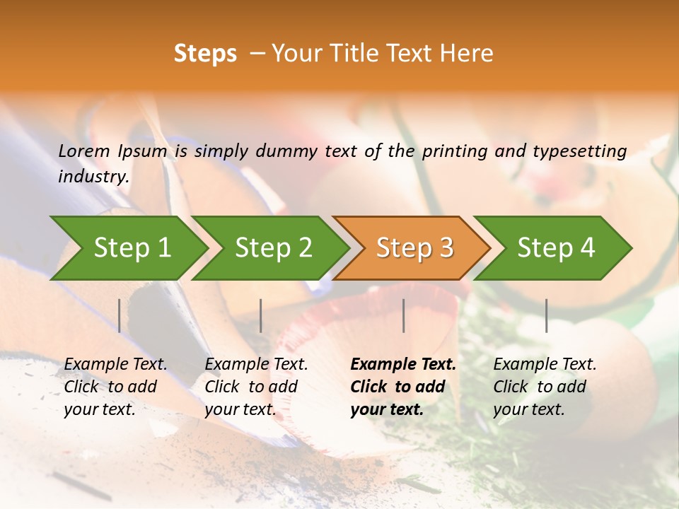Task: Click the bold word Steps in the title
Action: (205, 54)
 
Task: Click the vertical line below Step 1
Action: (120, 315)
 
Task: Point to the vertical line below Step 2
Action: (261, 315)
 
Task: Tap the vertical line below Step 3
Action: (403, 315)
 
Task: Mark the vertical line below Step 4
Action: (546, 315)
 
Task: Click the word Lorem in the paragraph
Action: (84, 151)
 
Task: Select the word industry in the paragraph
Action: (93, 177)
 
